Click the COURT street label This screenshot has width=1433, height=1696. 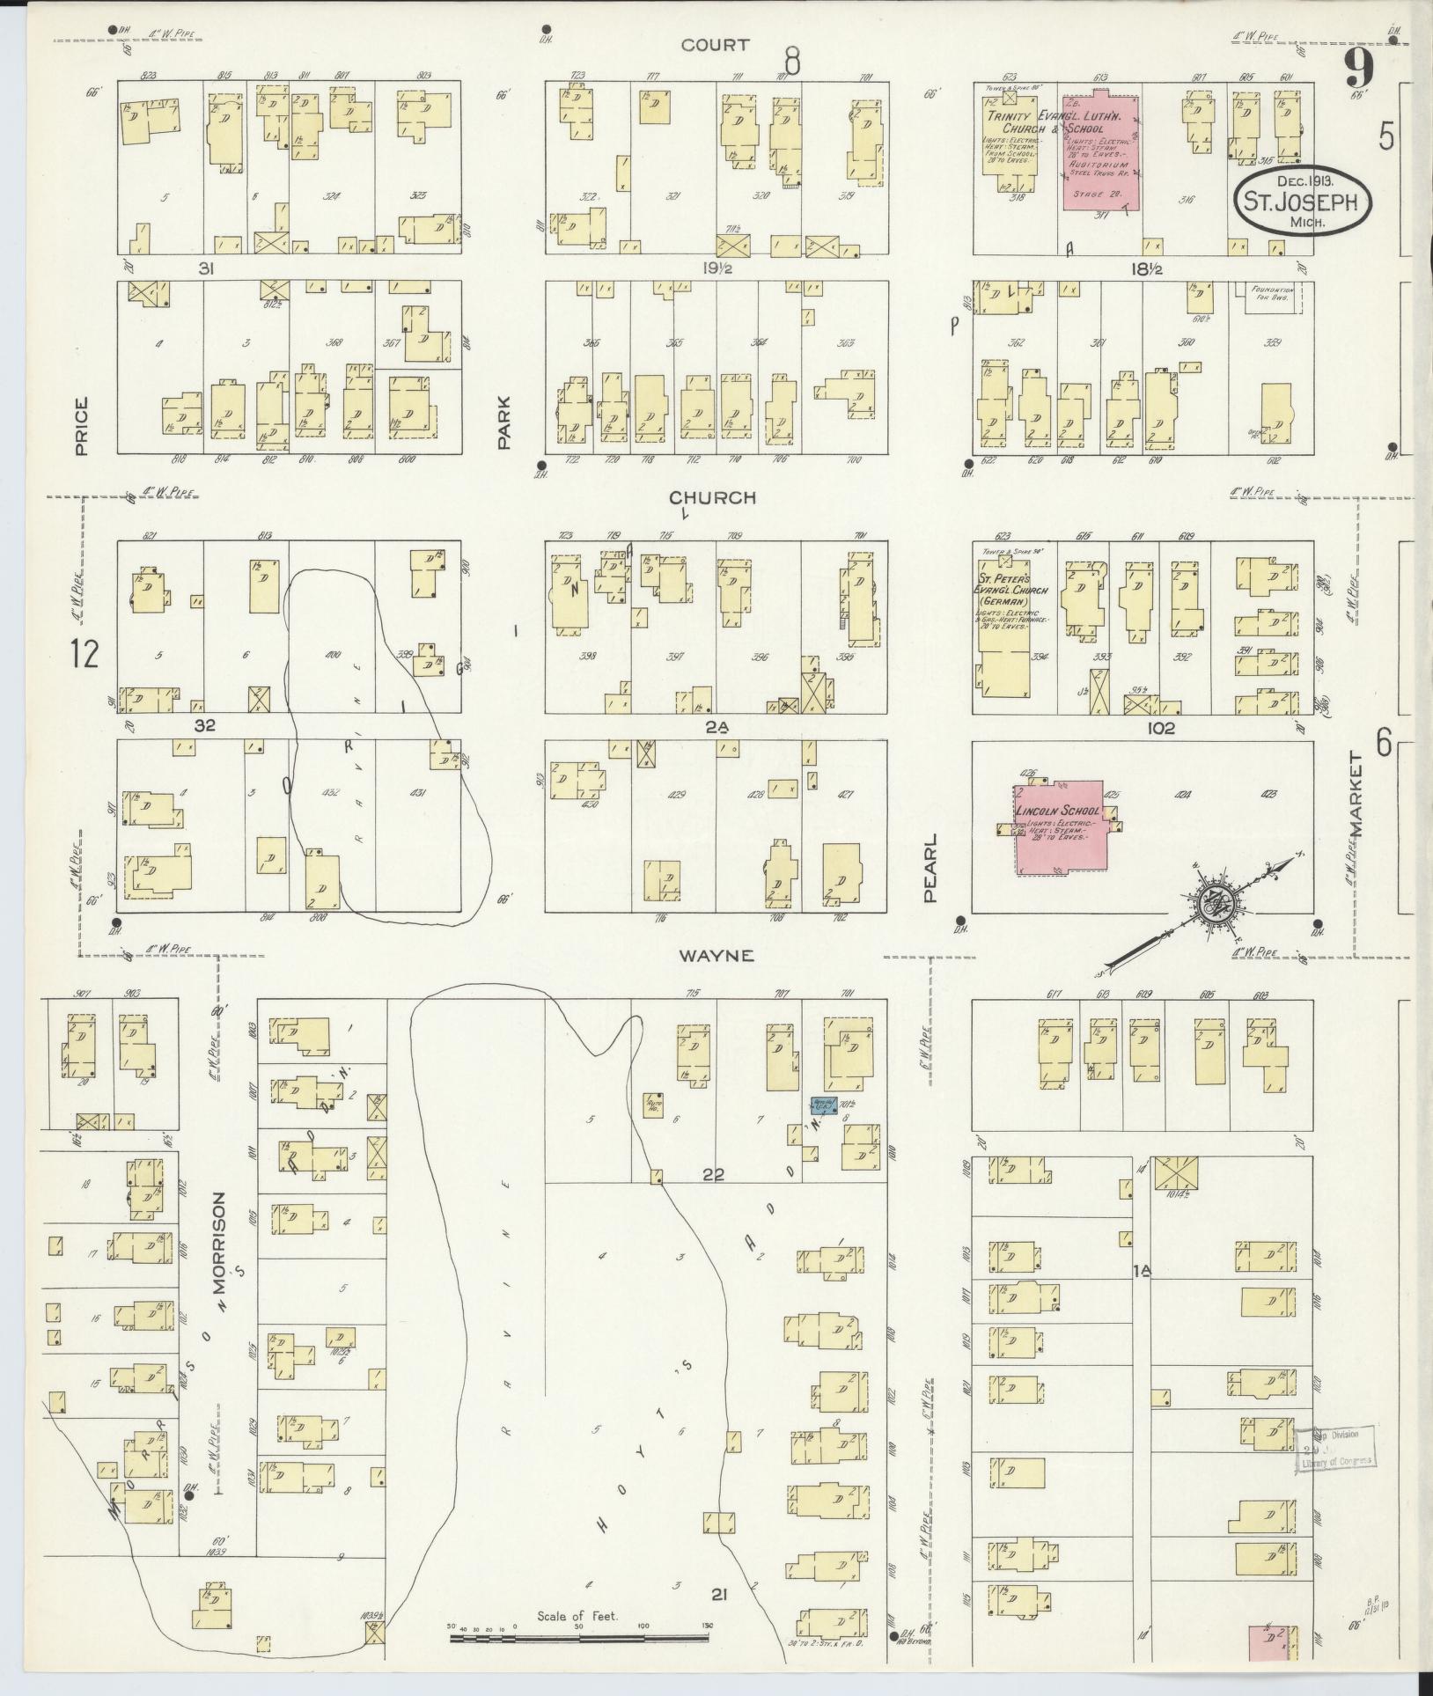(715, 45)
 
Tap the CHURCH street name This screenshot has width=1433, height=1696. (712, 498)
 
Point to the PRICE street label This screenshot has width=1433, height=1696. (82, 426)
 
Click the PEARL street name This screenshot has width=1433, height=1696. (932, 869)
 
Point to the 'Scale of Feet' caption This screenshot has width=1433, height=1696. (578, 1617)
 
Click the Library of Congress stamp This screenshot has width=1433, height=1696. (1334, 1450)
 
